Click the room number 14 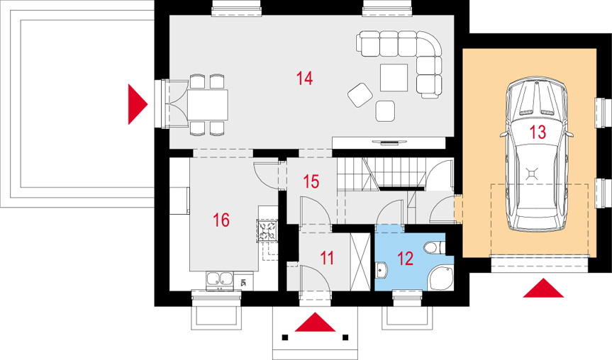click(304, 79)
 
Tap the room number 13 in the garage click(538, 133)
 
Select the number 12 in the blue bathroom click(406, 259)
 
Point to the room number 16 click(221, 220)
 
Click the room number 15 click(311, 181)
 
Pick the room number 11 click(327, 258)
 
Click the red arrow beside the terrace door click(138, 105)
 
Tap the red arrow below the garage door click(543, 288)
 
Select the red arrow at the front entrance click(315, 322)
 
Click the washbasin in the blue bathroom click(382, 270)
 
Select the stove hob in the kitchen click(267, 230)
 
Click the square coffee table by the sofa click(394, 78)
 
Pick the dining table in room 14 click(208, 105)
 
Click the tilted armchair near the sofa click(360, 95)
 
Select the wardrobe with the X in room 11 click(360, 261)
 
